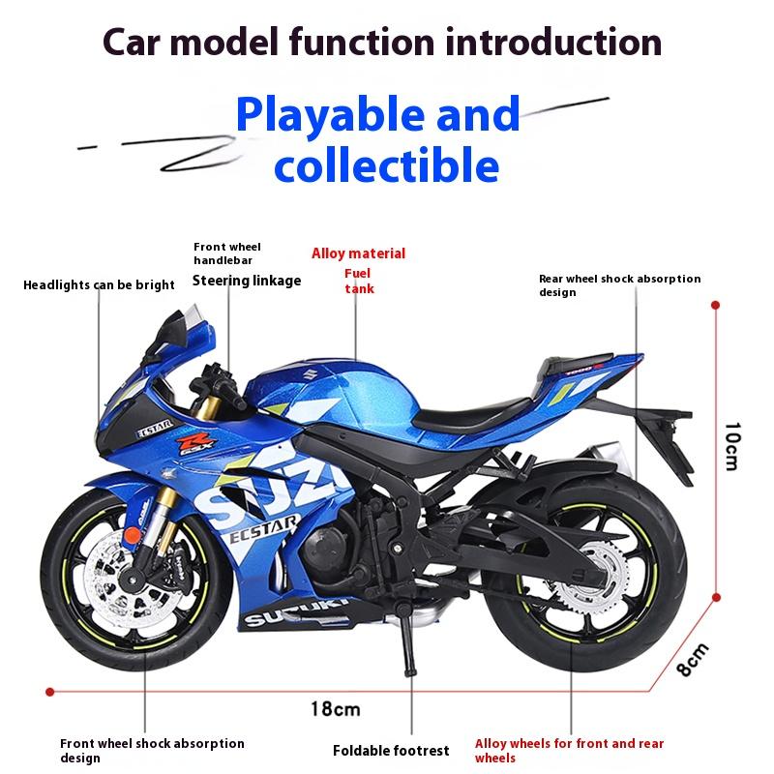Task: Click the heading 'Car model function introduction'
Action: (x=382, y=44)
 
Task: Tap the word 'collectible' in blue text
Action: (x=386, y=164)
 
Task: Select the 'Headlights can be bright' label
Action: (x=99, y=285)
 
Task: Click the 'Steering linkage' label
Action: (x=247, y=281)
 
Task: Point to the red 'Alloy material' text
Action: (x=358, y=254)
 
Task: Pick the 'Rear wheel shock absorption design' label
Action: (x=619, y=285)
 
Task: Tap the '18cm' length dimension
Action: (x=335, y=709)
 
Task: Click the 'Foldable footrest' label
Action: (x=391, y=751)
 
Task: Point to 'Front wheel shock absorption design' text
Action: (x=152, y=751)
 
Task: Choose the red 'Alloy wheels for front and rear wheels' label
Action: (x=569, y=751)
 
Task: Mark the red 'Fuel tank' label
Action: (x=358, y=282)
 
